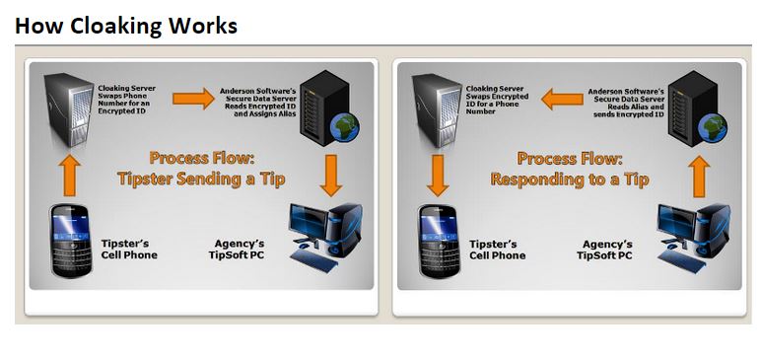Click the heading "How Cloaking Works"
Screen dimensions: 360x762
(126, 26)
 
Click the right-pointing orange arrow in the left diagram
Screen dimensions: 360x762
(193, 98)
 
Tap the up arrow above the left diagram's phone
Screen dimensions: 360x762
(69, 174)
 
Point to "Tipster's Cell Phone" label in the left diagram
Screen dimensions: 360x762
(129, 249)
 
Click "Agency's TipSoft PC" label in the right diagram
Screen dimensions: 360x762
(604, 249)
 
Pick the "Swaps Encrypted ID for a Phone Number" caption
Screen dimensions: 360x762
(497, 99)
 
